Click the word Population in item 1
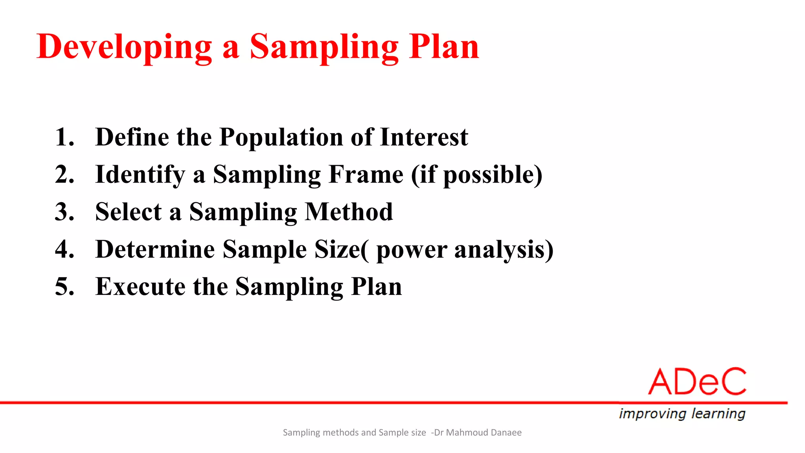(281, 137)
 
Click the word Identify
(140, 175)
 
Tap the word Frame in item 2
(366, 175)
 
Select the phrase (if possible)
(476, 175)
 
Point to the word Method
(349, 212)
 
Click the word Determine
(155, 249)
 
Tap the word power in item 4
(411, 250)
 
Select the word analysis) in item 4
(504, 250)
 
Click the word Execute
(140, 287)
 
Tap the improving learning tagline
(682, 414)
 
